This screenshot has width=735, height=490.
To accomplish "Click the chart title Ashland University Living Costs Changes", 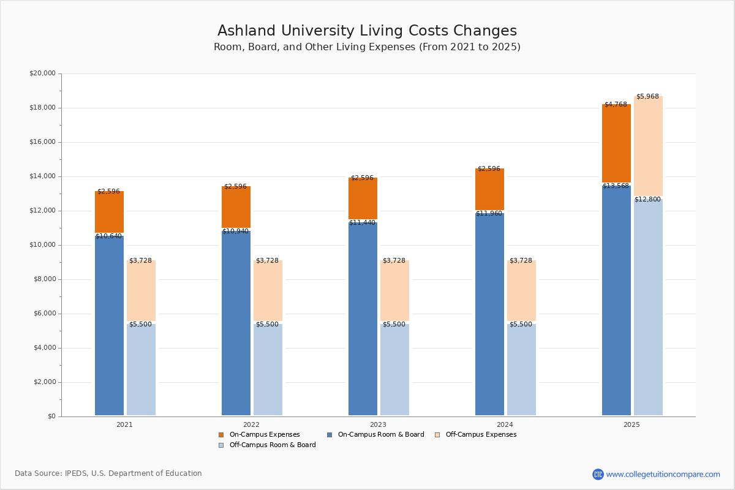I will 367,31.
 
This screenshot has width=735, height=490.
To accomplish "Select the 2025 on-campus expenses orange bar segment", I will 616,143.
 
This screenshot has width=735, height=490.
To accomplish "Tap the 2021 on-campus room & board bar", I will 109,325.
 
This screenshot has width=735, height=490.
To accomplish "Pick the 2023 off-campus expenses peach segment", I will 394,291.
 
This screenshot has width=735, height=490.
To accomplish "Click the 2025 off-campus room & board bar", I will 648,307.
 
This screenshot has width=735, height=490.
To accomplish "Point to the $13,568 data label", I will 616,186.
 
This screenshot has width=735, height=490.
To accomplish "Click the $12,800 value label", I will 647,200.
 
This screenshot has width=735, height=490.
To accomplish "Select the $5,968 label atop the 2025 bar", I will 647,97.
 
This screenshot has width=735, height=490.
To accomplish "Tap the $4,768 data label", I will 616,105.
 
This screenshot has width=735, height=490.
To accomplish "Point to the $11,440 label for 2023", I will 362,223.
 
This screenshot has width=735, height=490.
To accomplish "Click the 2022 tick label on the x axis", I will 251,424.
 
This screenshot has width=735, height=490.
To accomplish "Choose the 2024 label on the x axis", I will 505,424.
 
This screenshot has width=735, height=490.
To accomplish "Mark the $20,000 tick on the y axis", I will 42,73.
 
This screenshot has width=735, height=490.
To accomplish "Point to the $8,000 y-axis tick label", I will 45,279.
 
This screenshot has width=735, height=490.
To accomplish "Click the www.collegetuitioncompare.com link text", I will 663,474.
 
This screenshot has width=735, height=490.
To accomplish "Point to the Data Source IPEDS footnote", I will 108,473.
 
